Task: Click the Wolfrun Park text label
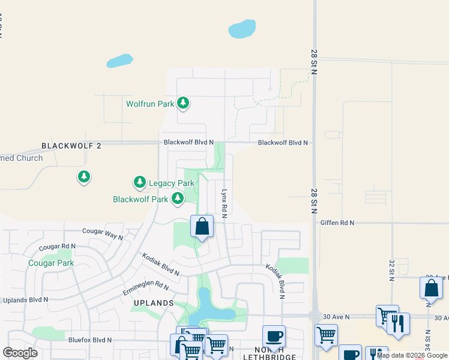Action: pos(149,104)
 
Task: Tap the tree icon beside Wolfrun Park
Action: pos(183,104)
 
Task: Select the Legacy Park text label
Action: pos(172,183)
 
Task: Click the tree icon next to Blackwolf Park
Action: pos(177,199)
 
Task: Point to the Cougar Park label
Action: pos(50,263)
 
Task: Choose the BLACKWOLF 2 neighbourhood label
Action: pos(71,146)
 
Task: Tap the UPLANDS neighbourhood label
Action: pos(154,304)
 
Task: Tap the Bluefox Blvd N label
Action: pos(90,340)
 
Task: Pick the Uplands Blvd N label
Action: pos(25,299)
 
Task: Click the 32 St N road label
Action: pos(391,268)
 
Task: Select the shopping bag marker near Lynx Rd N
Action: pos(202,227)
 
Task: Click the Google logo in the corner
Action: pos(20,353)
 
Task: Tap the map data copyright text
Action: pos(412,355)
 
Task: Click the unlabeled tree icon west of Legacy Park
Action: pos(84,176)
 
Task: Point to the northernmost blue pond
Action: pos(242,28)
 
